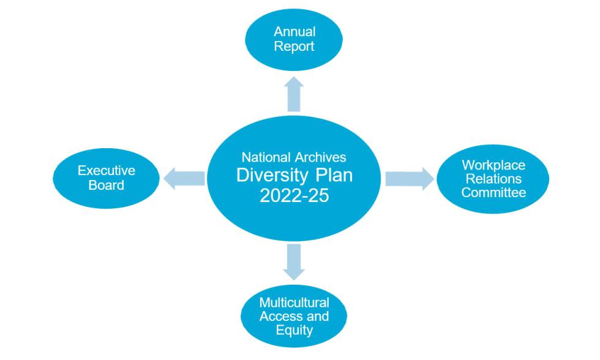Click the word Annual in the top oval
coord(294,32)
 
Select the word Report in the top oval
coord(294,46)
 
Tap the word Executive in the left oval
coord(106,171)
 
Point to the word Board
coord(106,184)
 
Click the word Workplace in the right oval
coord(493,165)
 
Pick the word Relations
coord(493,179)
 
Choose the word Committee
coord(493,193)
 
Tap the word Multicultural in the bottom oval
coord(294,303)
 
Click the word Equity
coord(294,331)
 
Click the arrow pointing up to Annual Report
coord(294,93)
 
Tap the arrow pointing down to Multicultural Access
coord(294,261)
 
